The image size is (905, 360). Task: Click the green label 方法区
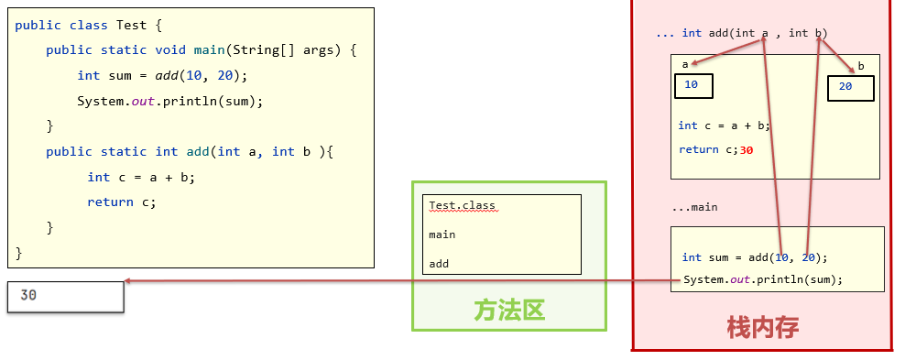(x=509, y=310)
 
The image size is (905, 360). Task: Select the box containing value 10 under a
(x=693, y=86)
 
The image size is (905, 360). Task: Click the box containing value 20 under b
(x=850, y=88)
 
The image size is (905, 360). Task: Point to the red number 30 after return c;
(x=746, y=149)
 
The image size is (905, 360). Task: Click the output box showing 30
(x=65, y=296)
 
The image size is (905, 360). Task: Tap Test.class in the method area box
(x=463, y=205)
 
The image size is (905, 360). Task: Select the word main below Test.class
(x=442, y=235)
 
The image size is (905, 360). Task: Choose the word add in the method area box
(x=439, y=264)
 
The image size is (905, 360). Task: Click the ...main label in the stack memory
(x=694, y=207)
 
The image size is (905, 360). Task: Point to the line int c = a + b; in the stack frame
(x=724, y=125)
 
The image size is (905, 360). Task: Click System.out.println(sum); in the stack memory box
(x=762, y=279)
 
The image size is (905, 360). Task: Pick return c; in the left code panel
(x=122, y=202)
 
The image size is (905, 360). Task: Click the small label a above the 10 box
(x=684, y=64)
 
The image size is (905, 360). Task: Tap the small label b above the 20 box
(x=860, y=67)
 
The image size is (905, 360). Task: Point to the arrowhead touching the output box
(x=129, y=281)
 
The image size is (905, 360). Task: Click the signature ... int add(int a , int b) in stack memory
(x=742, y=34)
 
